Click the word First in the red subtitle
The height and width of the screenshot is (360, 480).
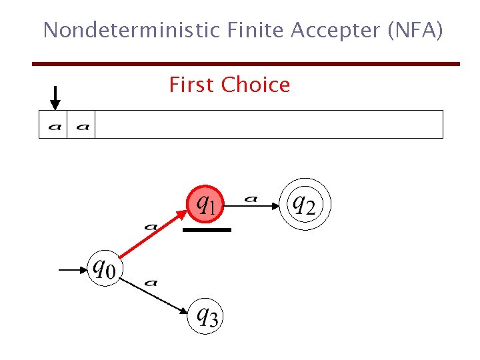click(x=192, y=85)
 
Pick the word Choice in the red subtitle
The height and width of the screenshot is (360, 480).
click(x=255, y=85)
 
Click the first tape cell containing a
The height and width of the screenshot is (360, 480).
click(x=53, y=125)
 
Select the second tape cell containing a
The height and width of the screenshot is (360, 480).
click(x=82, y=125)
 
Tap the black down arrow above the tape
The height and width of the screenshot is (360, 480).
click(x=55, y=97)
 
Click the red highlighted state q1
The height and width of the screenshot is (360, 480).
click(x=205, y=203)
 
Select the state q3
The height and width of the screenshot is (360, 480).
click(x=206, y=314)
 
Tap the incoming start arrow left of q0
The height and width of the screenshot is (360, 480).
click(x=72, y=270)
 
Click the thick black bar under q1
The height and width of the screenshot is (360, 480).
click(x=207, y=229)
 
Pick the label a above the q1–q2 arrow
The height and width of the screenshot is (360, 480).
click(x=251, y=197)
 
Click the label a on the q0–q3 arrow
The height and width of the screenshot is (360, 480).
click(x=151, y=282)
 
